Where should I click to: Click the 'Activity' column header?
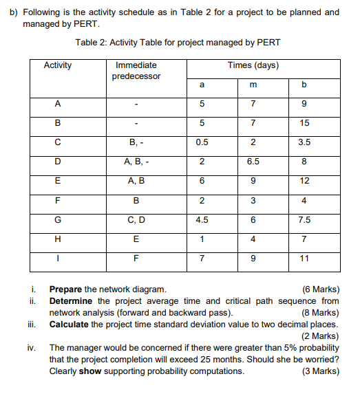pos(57,65)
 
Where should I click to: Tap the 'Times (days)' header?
pos(253,65)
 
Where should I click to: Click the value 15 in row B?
pos(305,123)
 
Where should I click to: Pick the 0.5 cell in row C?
pos(202,143)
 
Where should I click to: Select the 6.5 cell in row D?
pos(253,162)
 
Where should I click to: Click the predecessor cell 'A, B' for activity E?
pos(136,182)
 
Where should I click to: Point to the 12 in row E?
pos(305,182)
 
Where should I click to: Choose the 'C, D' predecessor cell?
pos(136,220)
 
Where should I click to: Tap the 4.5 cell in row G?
pos(202,220)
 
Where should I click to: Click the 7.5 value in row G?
pos(305,220)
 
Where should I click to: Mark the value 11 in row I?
pos(305,259)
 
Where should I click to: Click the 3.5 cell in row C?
pos(305,143)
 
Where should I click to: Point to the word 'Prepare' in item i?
pos(66,289)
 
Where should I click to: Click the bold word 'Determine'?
pos(72,300)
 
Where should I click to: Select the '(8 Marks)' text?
pos(321,312)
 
